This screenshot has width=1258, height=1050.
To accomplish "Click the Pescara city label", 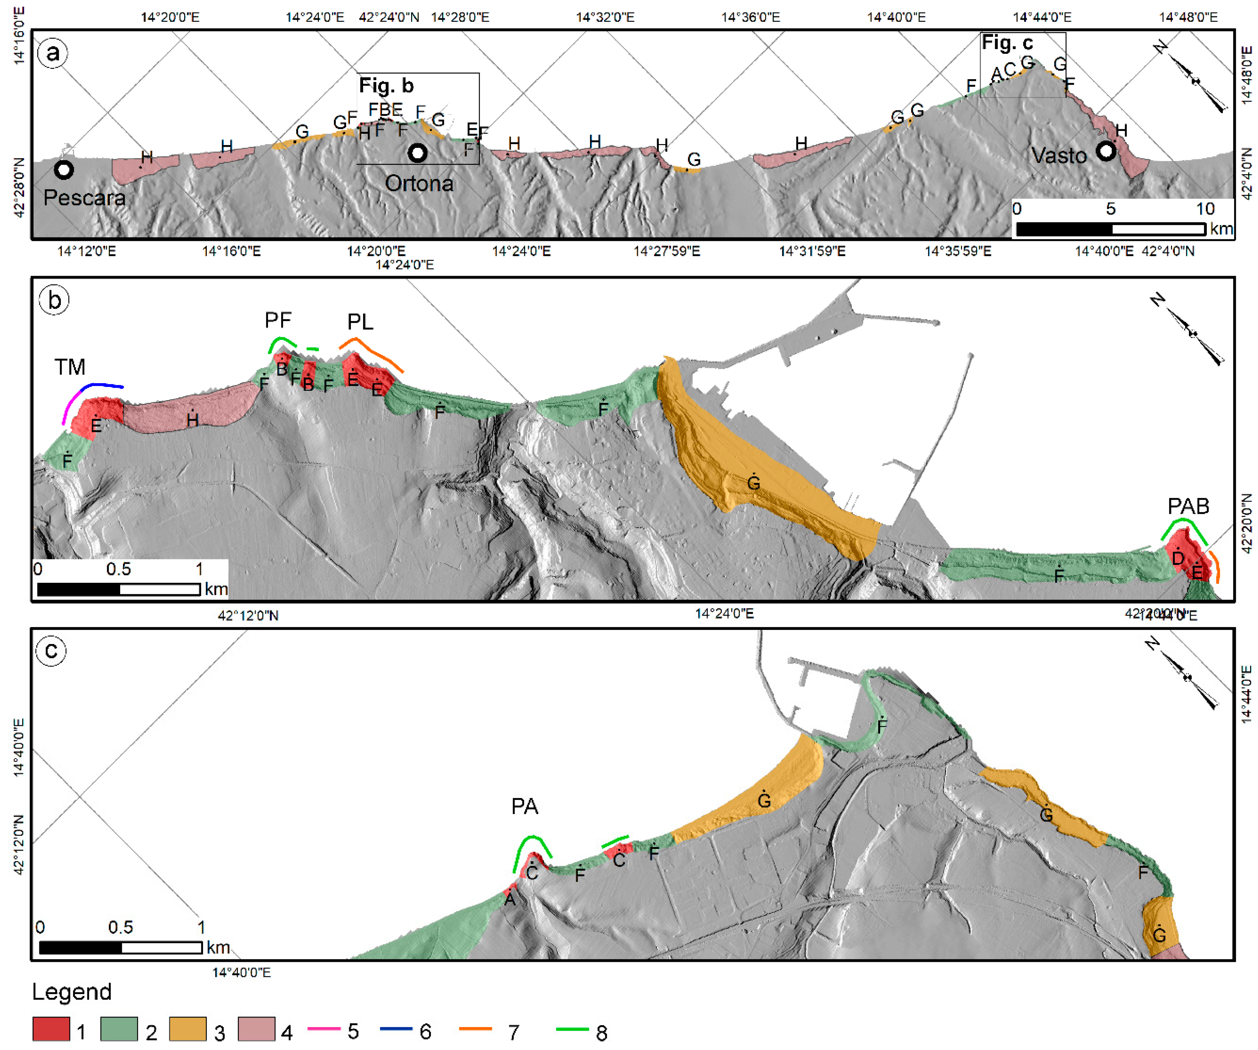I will pyautogui.click(x=85, y=198).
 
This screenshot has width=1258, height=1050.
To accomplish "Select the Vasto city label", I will pyautogui.click(x=1058, y=156).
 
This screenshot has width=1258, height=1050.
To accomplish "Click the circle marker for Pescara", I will pyautogui.click(x=64, y=170).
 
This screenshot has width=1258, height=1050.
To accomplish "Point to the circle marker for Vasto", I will pyautogui.click(x=1106, y=151).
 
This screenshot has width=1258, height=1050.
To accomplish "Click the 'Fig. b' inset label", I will pyautogui.click(x=387, y=86).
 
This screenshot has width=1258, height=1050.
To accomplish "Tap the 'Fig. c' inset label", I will pyautogui.click(x=1007, y=43).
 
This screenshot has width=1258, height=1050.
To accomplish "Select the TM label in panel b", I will pyautogui.click(x=70, y=367).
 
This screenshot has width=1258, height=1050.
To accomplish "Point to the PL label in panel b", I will pyautogui.click(x=360, y=322).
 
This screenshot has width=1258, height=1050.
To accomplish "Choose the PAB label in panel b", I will pyautogui.click(x=1188, y=507).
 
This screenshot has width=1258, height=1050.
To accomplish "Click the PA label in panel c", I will pyautogui.click(x=525, y=807).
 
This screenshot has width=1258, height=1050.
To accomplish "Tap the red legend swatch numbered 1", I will pyautogui.click(x=51, y=1029).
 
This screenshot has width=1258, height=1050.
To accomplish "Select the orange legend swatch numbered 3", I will pyautogui.click(x=188, y=1029).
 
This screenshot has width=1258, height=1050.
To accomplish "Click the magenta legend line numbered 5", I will pyautogui.click(x=324, y=1029).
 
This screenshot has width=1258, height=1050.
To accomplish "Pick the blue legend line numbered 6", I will pyautogui.click(x=396, y=1029).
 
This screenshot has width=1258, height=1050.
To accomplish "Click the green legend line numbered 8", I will pyautogui.click(x=572, y=1029).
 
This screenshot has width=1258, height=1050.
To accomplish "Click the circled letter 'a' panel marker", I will pyautogui.click(x=53, y=53).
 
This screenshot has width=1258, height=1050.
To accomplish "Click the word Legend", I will pyautogui.click(x=72, y=992).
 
